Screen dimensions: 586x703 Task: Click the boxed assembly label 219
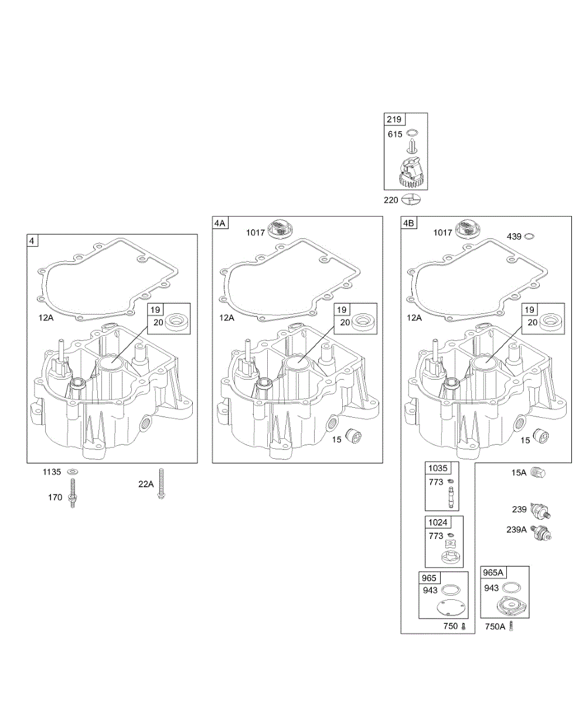[394, 120]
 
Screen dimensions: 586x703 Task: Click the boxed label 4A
[220, 223]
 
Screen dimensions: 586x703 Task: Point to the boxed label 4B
[408, 223]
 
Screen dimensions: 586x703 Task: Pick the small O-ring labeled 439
[530, 236]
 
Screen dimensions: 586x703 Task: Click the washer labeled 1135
[73, 472]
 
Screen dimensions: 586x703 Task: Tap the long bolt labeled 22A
[161, 484]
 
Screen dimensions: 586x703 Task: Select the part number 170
[55, 497]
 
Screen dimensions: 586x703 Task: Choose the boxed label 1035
[437, 468]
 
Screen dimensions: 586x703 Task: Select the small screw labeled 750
[464, 627]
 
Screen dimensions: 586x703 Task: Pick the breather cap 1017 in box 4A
[280, 229]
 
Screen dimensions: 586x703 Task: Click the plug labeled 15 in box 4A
[354, 436]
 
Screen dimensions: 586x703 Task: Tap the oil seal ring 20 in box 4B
[550, 322]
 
